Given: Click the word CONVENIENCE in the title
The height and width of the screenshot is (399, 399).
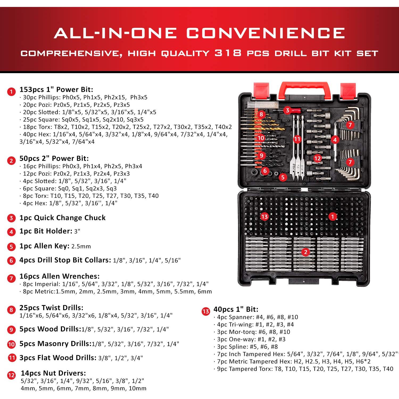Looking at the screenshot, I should (265, 33).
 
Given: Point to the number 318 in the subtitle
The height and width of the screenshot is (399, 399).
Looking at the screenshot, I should (228, 53).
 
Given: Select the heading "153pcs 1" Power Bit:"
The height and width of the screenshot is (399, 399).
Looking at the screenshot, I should (56, 89).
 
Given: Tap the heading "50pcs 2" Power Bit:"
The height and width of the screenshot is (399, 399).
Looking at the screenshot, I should (54, 158).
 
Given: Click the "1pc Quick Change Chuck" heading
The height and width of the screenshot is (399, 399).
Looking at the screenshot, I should (63, 218).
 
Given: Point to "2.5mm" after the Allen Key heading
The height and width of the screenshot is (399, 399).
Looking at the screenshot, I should (81, 246).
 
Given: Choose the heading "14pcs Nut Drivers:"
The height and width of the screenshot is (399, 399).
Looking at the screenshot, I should (53, 373).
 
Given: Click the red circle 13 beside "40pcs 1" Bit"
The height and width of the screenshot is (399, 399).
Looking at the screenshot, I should (206, 311).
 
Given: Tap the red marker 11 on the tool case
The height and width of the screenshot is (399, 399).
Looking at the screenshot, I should (297, 139).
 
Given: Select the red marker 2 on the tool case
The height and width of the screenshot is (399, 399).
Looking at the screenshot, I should (306, 252).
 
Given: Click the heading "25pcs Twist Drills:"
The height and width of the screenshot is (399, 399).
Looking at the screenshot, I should (51, 307).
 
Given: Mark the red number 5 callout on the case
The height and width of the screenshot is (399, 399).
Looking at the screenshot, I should (283, 177).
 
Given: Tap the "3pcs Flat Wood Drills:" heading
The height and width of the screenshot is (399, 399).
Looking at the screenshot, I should (58, 358).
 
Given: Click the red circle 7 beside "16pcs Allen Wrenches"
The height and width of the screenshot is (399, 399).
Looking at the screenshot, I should (11, 279).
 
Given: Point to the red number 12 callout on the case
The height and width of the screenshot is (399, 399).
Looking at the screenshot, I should (317, 159).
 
